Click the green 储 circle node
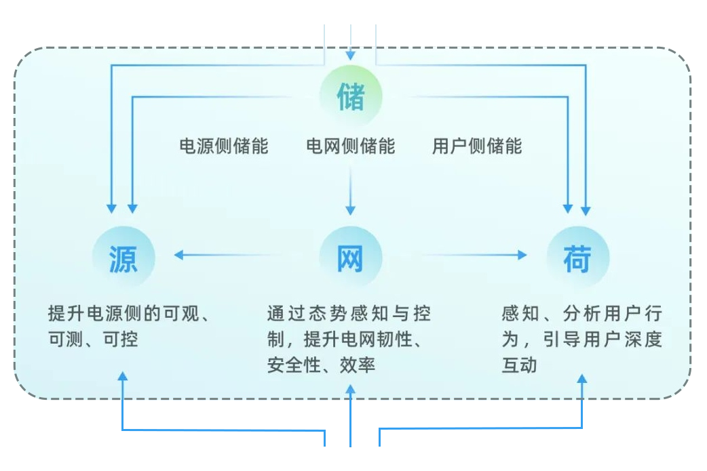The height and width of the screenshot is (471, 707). [x=351, y=97]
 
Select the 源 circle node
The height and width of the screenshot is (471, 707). [x=123, y=258]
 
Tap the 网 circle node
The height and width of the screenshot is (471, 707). [x=351, y=258]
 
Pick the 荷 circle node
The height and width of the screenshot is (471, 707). [x=577, y=258]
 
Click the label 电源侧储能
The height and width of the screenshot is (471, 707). [x=224, y=146]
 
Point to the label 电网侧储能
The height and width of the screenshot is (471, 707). [x=351, y=146]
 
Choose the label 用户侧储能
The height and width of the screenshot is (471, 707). [x=477, y=146]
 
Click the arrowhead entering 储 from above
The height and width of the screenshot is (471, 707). [x=351, y=56]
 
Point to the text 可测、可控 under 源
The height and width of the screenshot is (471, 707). [x=93, y=339]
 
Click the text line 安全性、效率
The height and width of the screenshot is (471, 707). [x=321, y=365]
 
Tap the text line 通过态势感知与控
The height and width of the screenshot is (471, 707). [x=349, y=313]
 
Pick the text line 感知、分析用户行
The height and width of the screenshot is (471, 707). [x=581, y=313]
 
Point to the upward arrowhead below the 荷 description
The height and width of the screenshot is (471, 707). [x=582, y=378]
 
